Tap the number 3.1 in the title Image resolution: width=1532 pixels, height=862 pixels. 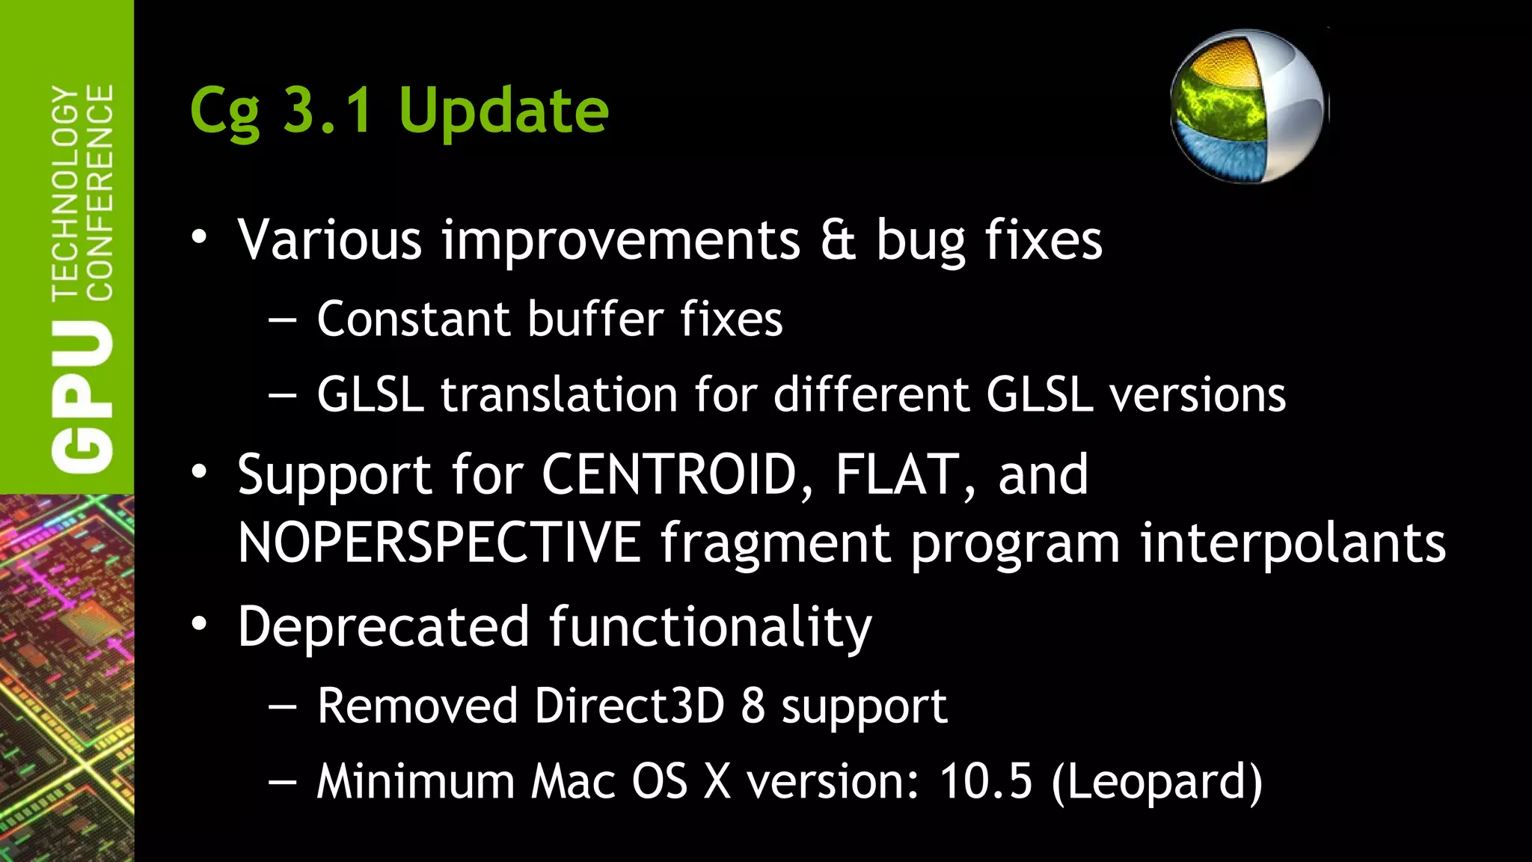pos(328,110)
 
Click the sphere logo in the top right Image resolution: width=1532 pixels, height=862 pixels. pos(1248,106)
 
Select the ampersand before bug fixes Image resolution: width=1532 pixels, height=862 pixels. pos(838,240)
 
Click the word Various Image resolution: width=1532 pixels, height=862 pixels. pos(330,240)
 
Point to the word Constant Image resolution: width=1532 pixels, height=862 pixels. pos(414,320)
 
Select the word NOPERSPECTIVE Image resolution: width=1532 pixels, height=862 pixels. pos(439,542)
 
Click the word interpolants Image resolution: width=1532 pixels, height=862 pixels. pos(1293,542)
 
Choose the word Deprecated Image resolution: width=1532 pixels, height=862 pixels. pos(384,626)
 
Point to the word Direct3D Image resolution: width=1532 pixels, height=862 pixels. pos(629,706)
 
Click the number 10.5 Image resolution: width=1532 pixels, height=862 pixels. pos(986,781)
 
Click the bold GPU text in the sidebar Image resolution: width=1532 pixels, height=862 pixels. pos(83,397)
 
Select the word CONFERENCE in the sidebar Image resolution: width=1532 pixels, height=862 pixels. pos(100,192)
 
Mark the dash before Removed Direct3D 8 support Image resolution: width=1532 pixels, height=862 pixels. pos(282,707)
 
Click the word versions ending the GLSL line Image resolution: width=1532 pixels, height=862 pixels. pos(1198,394)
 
